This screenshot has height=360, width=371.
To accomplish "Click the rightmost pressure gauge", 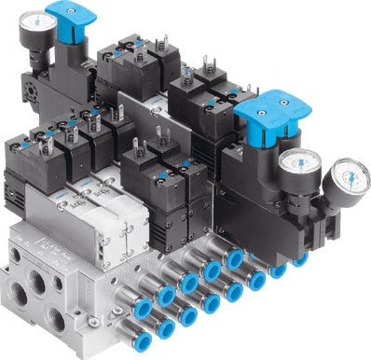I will click(345, 176).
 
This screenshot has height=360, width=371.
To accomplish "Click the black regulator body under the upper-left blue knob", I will click(70, 75).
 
